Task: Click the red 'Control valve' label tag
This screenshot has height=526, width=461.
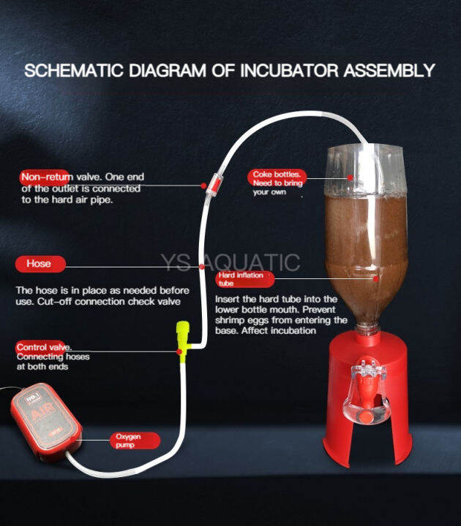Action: coord(43,347)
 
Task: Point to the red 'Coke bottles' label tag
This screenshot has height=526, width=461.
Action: coord(276,175)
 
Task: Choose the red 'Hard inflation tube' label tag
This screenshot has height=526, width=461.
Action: coord(244,279)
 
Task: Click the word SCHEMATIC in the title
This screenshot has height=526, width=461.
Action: coord(66,71)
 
